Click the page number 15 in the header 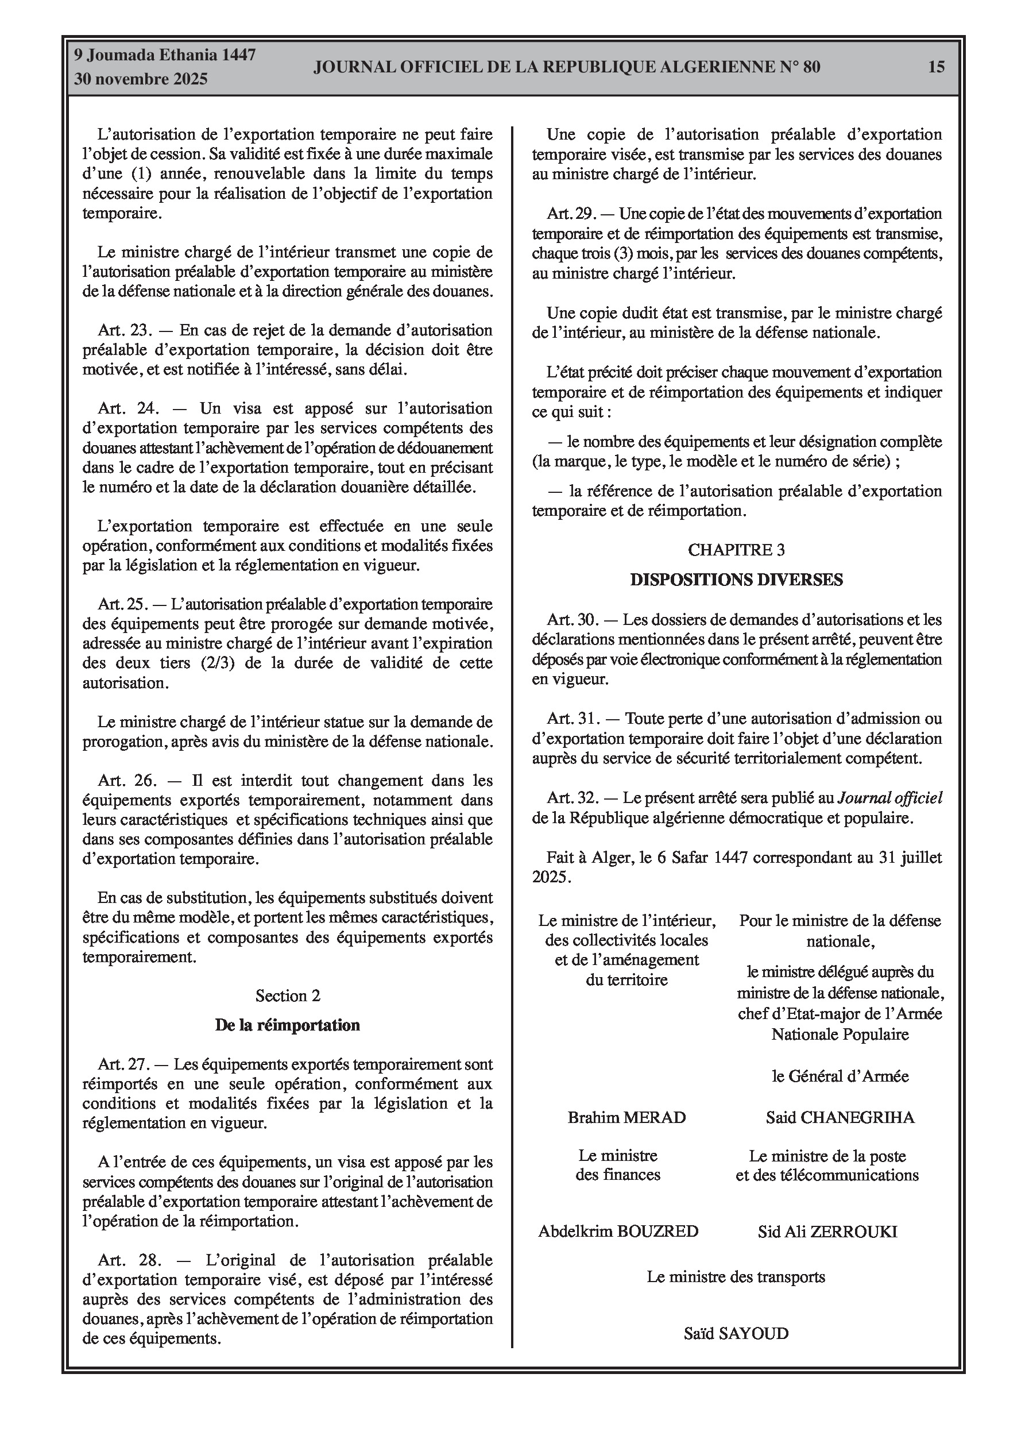(x=937, y=67)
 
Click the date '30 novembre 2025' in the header (x=141, y=80)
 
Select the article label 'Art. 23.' (x=125, y=330)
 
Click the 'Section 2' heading (x=288, y=996)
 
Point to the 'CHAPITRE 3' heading (x=736, y=550)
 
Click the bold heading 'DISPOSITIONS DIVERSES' (x=736, y=580)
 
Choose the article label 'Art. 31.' (x=573, y=719)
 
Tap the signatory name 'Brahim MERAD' (x=626, y=1118)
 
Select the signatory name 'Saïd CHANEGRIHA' (x=840, y=1118)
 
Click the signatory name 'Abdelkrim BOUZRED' (x=618, y=1232)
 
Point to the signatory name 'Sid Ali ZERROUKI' (x=827, y=1232)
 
